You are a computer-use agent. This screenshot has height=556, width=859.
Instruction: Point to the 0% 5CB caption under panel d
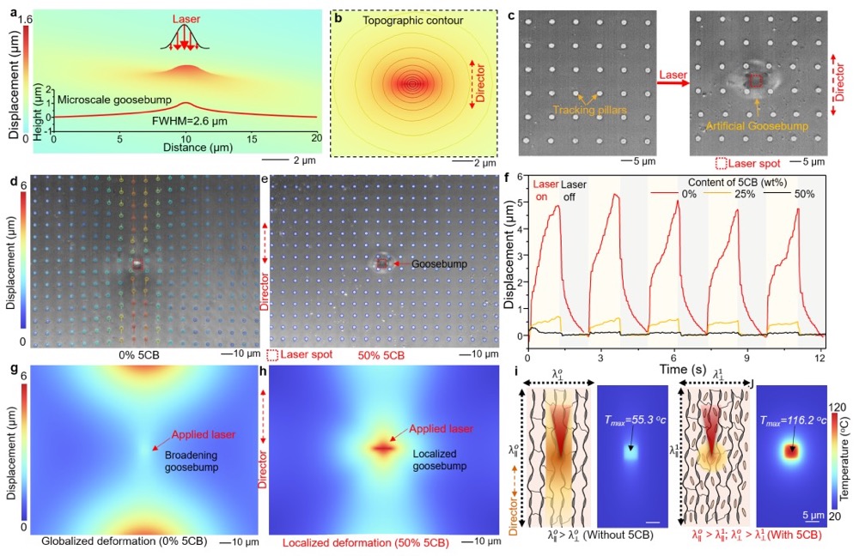pos(137,354)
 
